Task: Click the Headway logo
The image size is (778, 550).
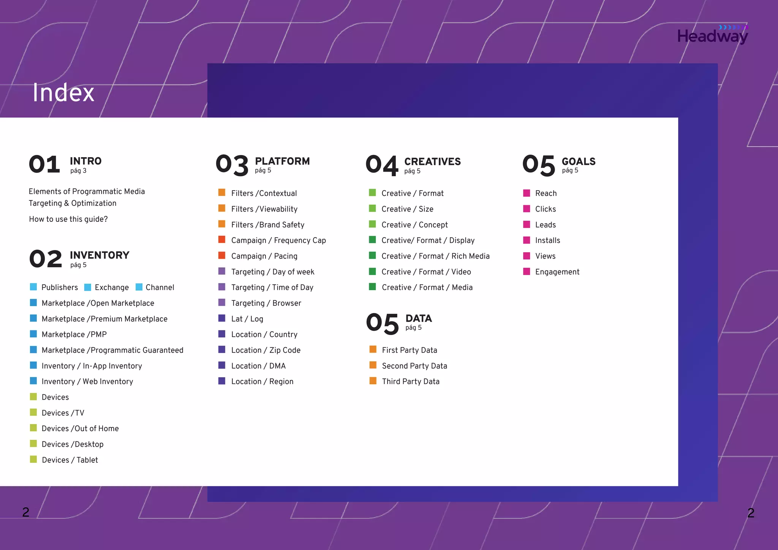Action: point(712,35)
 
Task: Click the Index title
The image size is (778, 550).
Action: point(63,93)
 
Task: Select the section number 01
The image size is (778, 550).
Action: point(44,164)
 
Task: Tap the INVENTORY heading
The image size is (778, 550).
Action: point(100,255)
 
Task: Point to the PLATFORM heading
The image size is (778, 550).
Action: point(282,161)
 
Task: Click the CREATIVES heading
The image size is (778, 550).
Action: point(432,161)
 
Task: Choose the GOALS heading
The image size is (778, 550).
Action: point(579,161)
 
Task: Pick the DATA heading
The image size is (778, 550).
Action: point(419,318)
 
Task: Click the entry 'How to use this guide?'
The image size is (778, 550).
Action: point(68,219)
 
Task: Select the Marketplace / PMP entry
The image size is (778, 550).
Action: point(74,334)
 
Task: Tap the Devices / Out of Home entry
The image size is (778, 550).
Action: point(80,428)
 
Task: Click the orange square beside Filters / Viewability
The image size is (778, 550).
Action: point(222,208)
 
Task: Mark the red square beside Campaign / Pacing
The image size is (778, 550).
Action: point(222,255)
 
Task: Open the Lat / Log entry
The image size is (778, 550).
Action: point(247,319)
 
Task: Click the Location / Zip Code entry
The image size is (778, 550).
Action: point(266,350)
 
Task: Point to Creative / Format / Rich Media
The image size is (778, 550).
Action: point(435,256)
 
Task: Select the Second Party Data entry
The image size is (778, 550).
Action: point(414,366)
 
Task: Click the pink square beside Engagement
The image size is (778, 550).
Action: point(527,271)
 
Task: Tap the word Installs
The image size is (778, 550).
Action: point(547,240)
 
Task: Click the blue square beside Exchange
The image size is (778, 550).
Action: point(88,287)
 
